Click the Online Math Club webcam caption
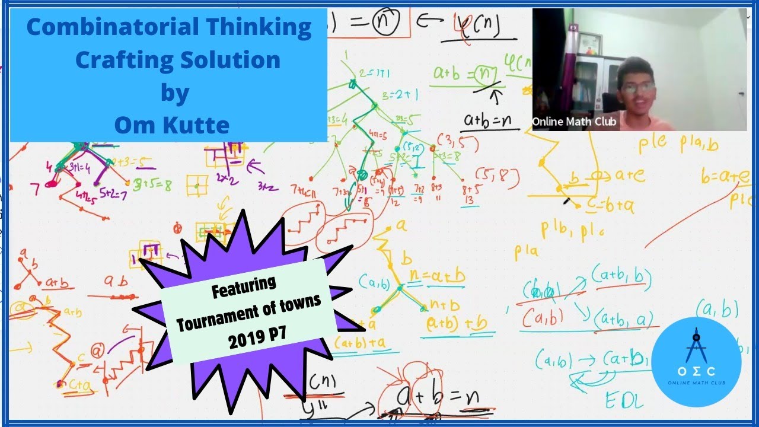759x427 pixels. (574, 122)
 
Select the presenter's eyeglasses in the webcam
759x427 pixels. (638, 87)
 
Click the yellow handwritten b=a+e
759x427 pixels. (725, 176)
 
